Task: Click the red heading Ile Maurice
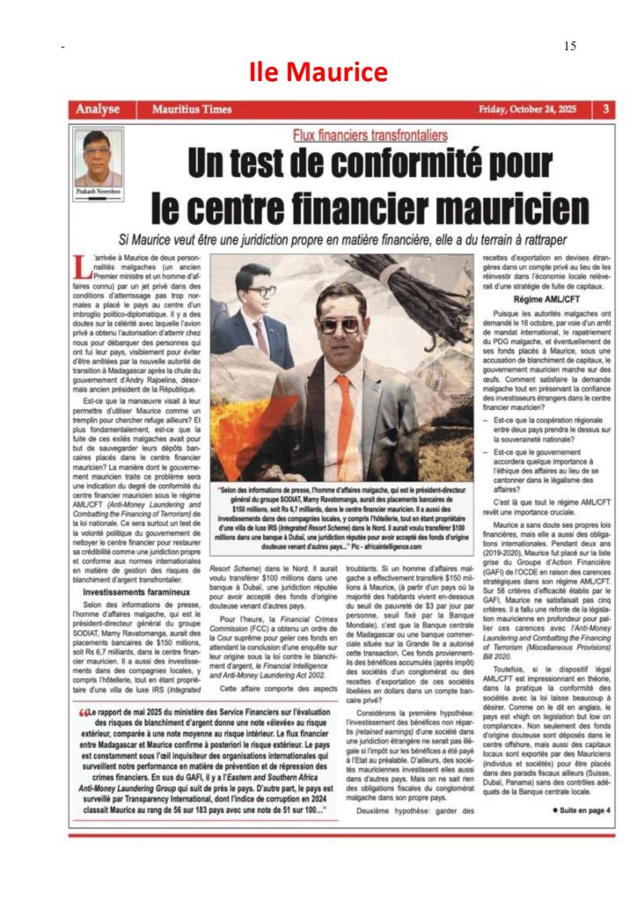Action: pos(318,71)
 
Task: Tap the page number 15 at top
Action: pos(569,46)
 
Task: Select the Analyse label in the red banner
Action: pos(98,109)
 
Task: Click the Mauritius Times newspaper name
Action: pos(192,109)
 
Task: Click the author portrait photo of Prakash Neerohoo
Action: pos(99,155)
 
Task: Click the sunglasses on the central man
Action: pos(340,326)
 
